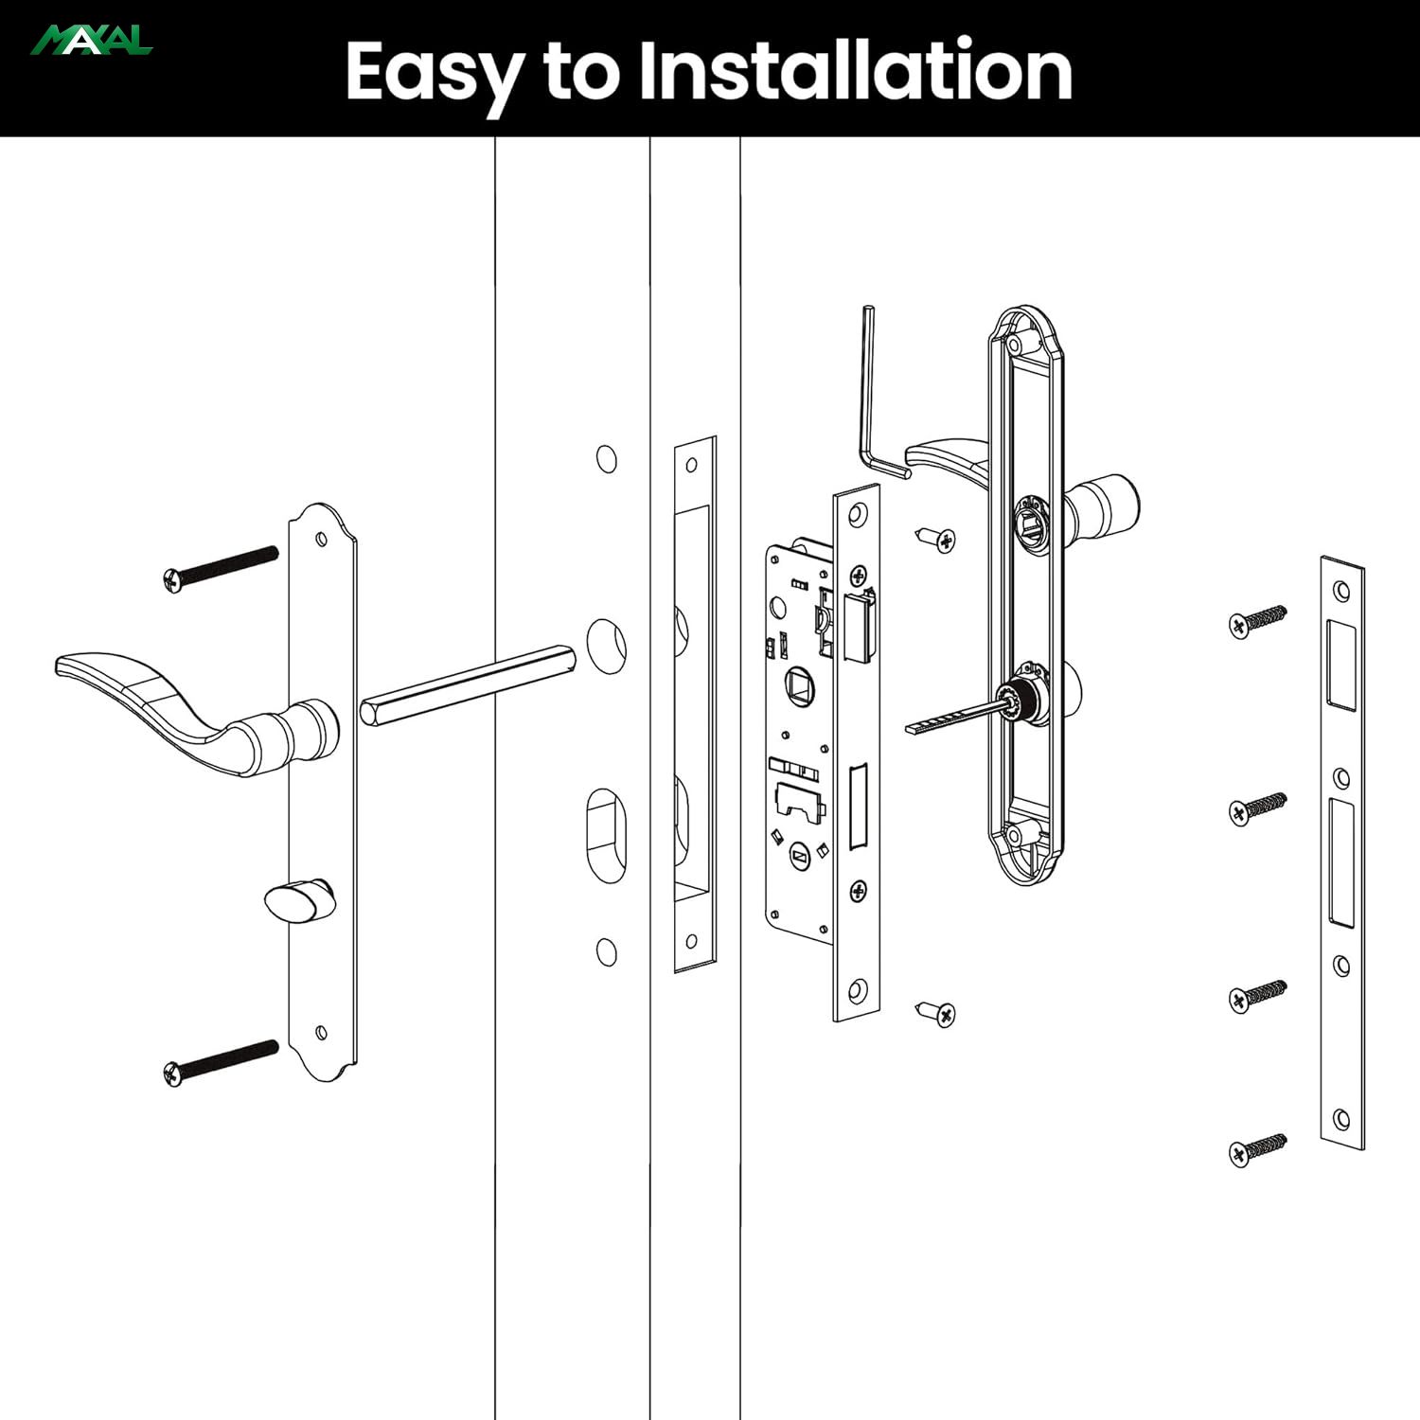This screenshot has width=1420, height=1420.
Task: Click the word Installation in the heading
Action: click(856, 70)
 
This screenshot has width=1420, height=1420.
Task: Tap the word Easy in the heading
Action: click(435, 76)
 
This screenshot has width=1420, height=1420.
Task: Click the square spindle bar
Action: click(468, 684)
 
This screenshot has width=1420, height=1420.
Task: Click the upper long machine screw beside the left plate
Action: click(221, 569)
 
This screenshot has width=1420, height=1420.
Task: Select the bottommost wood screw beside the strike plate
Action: click(1258, 1150)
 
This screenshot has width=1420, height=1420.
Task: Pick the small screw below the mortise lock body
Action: click(936, 1013)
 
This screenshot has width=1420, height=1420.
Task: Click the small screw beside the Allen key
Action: click(936, 539)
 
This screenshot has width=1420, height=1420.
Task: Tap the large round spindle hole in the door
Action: click(606, 647)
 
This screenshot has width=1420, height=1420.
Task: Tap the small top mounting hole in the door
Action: click(607, 459)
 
